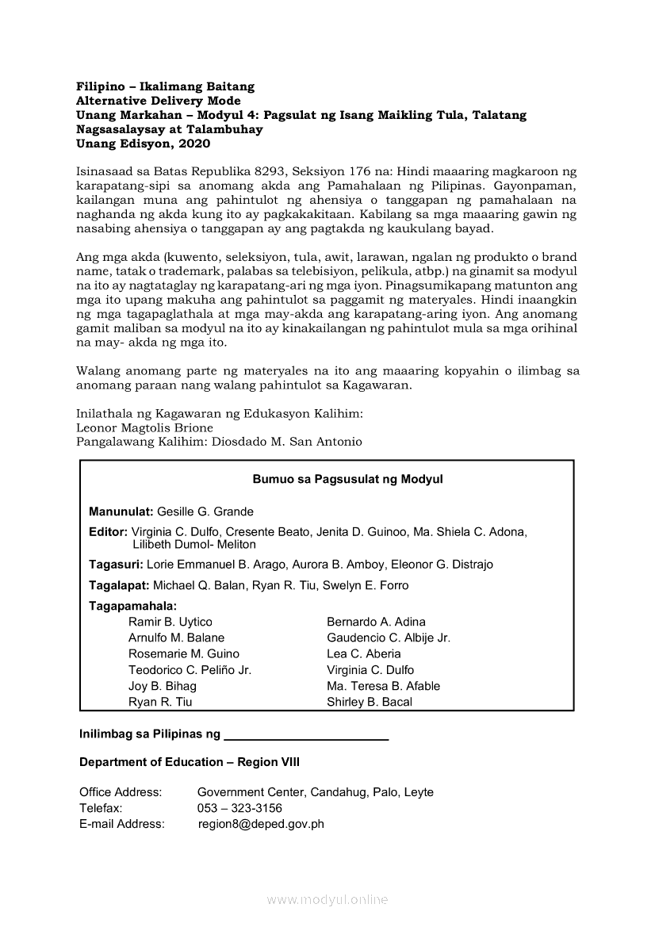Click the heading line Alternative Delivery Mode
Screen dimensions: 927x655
[x=158, y=101]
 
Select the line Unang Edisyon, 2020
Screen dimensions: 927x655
[x=144, y=144]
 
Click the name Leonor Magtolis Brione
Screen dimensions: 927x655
[x=144, y=427]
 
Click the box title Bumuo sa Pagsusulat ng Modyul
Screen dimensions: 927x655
[x=347, y=479]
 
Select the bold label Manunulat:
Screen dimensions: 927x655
[x=121, y=511]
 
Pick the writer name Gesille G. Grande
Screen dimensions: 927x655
[x=205, y=511]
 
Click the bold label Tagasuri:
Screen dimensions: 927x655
[x=116, y=565]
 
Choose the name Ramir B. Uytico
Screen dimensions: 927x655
[x=170, y=622]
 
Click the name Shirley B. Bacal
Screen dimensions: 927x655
[x=370, y=702]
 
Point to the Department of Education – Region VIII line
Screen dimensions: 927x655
[x=190, y=762]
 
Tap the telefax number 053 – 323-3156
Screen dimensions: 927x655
[x=239, y=808]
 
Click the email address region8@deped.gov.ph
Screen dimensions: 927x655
[x=261, y=824]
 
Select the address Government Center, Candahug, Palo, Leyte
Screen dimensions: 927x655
[x=315, y=792]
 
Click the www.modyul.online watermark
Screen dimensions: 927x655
[x=327, y=900]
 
